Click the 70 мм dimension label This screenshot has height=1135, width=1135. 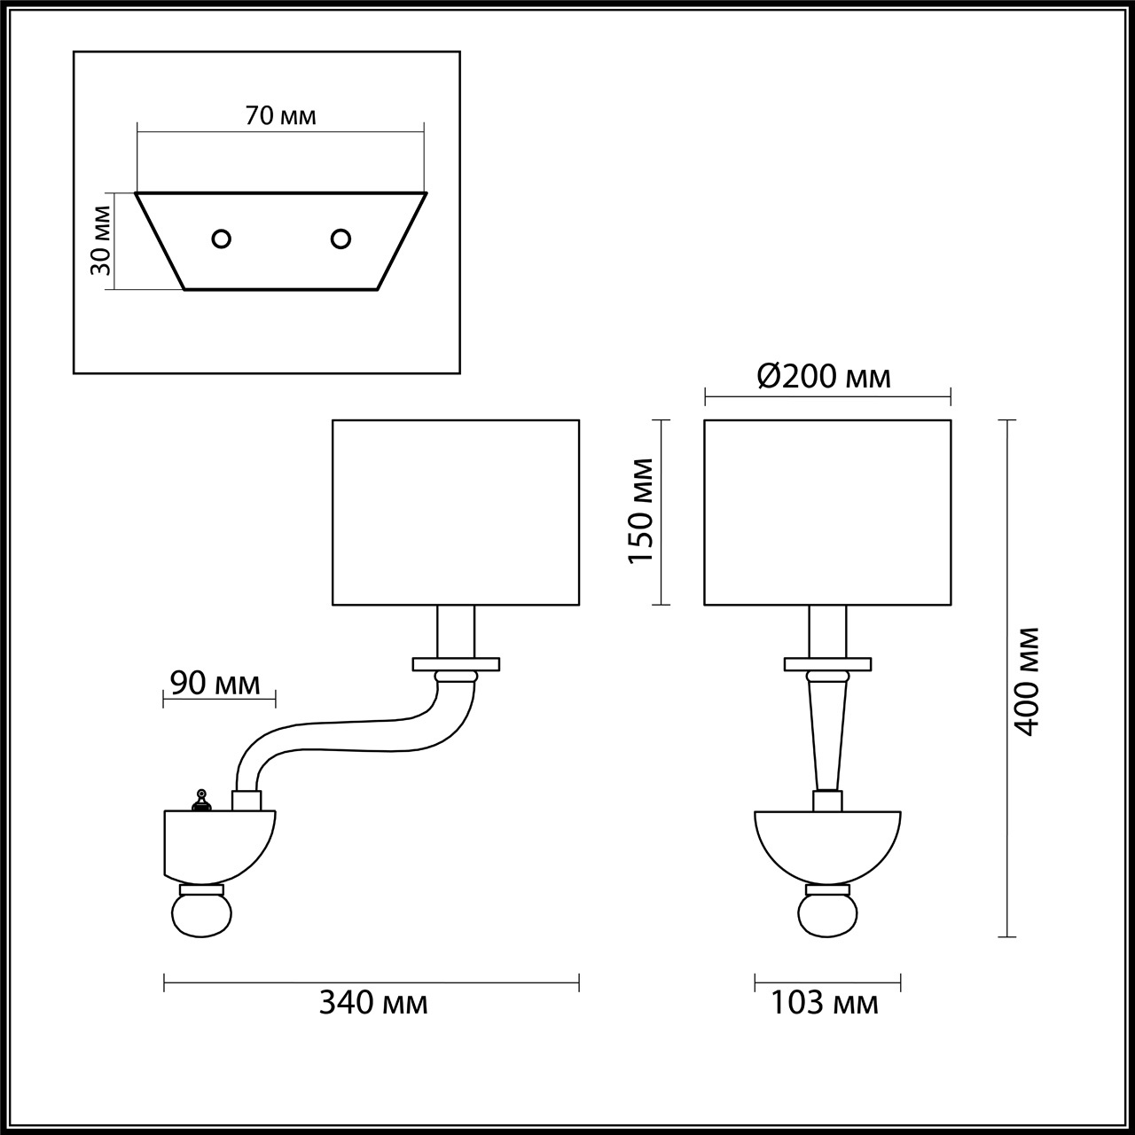[280, 115]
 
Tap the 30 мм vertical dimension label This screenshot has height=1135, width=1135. [102, 239]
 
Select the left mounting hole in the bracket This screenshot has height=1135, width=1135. [221, 239]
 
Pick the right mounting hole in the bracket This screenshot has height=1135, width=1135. [340, 238]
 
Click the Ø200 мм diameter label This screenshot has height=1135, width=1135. [824, 377]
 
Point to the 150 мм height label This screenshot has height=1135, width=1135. [640, 510]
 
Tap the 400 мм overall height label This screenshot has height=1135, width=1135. [1027, 680]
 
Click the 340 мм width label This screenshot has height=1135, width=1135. [373, 1003]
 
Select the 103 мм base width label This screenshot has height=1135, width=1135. [825, 1003]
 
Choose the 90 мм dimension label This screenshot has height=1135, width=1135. [215, 683]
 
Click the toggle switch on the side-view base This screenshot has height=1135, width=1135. [202, 801]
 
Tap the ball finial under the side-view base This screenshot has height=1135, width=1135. [202, 914]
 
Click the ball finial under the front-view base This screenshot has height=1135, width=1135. [826, 914]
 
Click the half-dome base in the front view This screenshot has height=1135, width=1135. [826, 842]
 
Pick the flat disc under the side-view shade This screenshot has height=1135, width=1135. [456, 663]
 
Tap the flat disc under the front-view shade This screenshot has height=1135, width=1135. [827, 663]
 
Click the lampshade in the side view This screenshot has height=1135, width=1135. [456, 513]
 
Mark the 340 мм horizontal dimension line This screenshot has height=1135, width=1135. [372, 982]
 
